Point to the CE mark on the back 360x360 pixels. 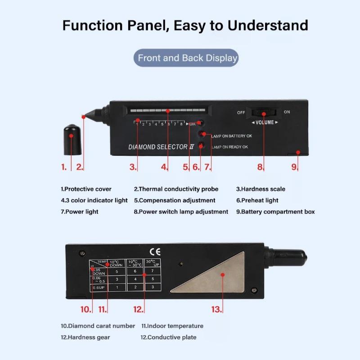coord(154,252)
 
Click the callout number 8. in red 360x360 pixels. coord(260,167)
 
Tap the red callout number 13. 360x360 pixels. coord(217,309)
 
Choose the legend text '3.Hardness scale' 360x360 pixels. coord(261,189)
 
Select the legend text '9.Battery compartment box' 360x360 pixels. coord(275,211)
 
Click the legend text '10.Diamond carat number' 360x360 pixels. coord(98,326)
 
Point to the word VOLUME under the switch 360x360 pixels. coord(265,122)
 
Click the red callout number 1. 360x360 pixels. coord(64,167)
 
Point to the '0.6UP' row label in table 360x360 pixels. coord(99,287)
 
